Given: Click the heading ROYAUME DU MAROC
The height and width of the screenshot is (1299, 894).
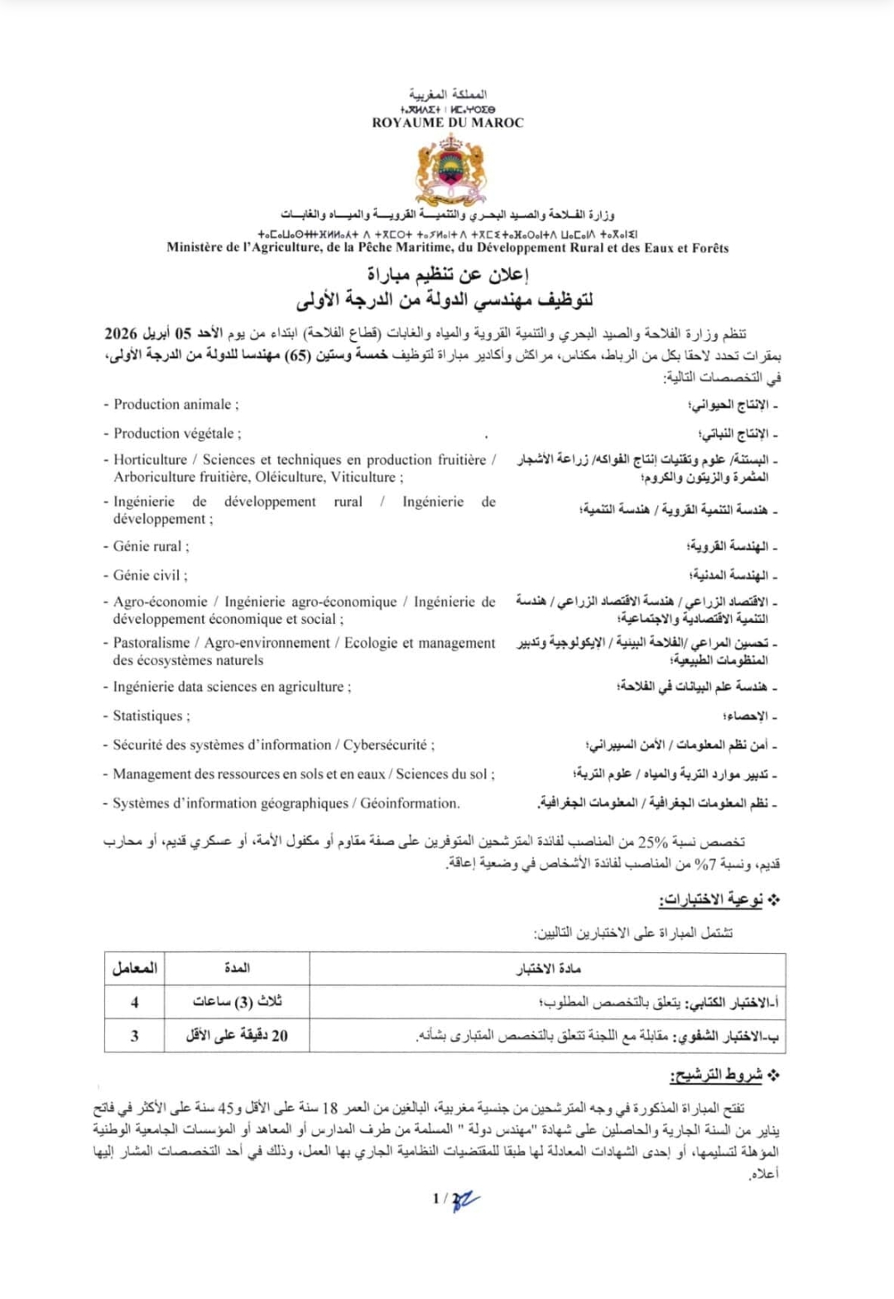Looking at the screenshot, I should pyautogui.click(x=448, y=122).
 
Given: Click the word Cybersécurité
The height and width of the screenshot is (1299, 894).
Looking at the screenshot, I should pyautogui.click(x=387, y=745).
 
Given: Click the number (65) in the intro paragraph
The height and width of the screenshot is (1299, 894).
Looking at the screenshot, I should pyautogui.click(x=298, y=356).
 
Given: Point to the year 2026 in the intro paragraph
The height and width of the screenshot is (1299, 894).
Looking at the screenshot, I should pyautogui.click(x=121, y=333).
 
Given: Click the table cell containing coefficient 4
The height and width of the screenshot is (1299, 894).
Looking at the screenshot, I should pyautogui.click(x=134, y=1002).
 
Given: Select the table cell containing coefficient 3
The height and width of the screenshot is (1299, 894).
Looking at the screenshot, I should pyautogui.click(x=134, y=1035).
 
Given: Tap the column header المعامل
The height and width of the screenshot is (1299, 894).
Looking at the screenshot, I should pyautogui.click(x=134, y=968).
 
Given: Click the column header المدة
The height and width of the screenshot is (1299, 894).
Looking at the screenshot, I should pyautogui.click(x=237, y=968).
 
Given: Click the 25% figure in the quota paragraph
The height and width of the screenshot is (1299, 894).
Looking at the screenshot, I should pyautogui.click(x=652, y=842).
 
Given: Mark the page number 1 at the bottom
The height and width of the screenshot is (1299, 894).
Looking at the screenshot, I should pyautogui.click(x=436, y=1198).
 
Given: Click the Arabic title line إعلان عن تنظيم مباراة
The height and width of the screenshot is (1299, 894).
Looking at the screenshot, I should pyautogui.click(x=448, y=275).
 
